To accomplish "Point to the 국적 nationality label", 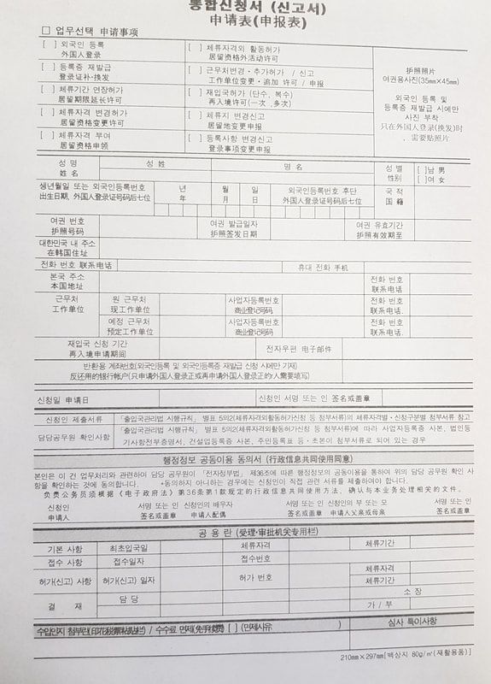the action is point(394,197).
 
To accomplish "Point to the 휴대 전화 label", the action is point(322,268).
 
